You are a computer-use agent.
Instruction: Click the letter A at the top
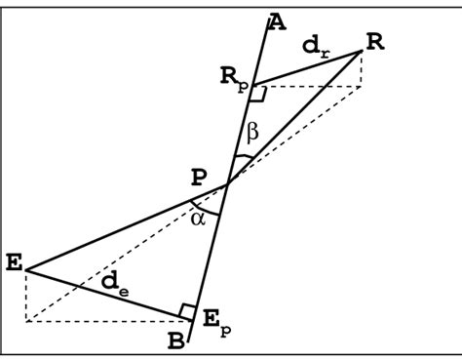pos(277,20)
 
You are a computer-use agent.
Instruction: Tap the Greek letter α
pos(200,219)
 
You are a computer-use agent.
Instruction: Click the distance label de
pos(113,283)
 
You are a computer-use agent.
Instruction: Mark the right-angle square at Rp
pos(257,94)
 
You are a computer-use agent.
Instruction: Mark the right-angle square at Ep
pos(187,310)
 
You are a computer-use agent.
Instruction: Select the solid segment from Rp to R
pos(307,69)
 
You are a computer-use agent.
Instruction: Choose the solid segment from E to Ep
pos(107,293)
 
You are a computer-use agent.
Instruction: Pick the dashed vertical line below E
pos(25,295)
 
